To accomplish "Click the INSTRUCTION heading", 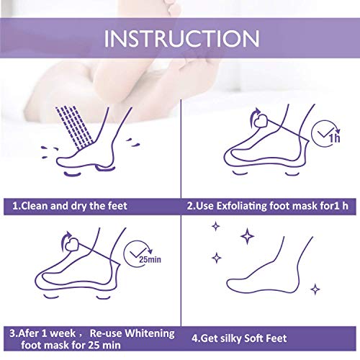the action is click(181, 38).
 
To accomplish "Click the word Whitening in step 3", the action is click(150, 333).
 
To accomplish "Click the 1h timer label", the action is click(334, 138).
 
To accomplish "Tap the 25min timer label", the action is click(150, 259).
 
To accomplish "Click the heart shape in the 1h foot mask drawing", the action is click(260, 121).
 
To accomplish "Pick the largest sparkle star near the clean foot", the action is click(247, 236).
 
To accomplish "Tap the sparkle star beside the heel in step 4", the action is click(315, 289).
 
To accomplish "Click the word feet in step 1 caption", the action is click(117, 206).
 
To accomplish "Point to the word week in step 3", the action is click(63, 333).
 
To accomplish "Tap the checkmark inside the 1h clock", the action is click(325, 132).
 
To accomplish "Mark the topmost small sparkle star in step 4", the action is click(216, 226).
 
